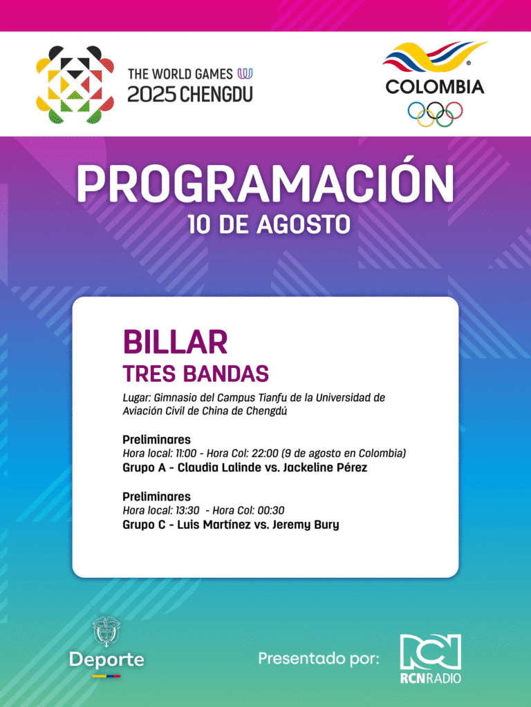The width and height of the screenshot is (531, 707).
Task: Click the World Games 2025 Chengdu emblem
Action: tap(75, 84)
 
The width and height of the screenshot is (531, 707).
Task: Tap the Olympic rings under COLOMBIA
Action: tap(435, 114)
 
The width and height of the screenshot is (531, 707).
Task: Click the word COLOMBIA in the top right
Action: tap(435, 86)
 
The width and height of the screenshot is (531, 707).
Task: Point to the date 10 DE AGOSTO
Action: tap(269, 224)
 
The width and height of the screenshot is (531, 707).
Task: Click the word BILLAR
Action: tap(175, 342)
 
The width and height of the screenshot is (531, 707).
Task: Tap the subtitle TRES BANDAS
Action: tap(196, 374)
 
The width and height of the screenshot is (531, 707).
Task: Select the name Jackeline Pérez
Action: tap(325, 467)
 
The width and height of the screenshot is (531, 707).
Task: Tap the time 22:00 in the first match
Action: tap(265, 453)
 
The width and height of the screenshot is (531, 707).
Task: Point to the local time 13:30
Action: tap(187, 510)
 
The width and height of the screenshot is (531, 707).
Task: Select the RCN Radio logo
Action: tap(430, 658)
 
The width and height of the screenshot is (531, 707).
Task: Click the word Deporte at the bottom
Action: tap(106, 659)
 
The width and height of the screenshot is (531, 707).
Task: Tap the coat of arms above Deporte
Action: tap(106, 632)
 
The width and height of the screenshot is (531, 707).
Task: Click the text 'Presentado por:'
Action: tap(319, 658)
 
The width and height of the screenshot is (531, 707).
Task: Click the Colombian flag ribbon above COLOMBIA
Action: tap(434, 57)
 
